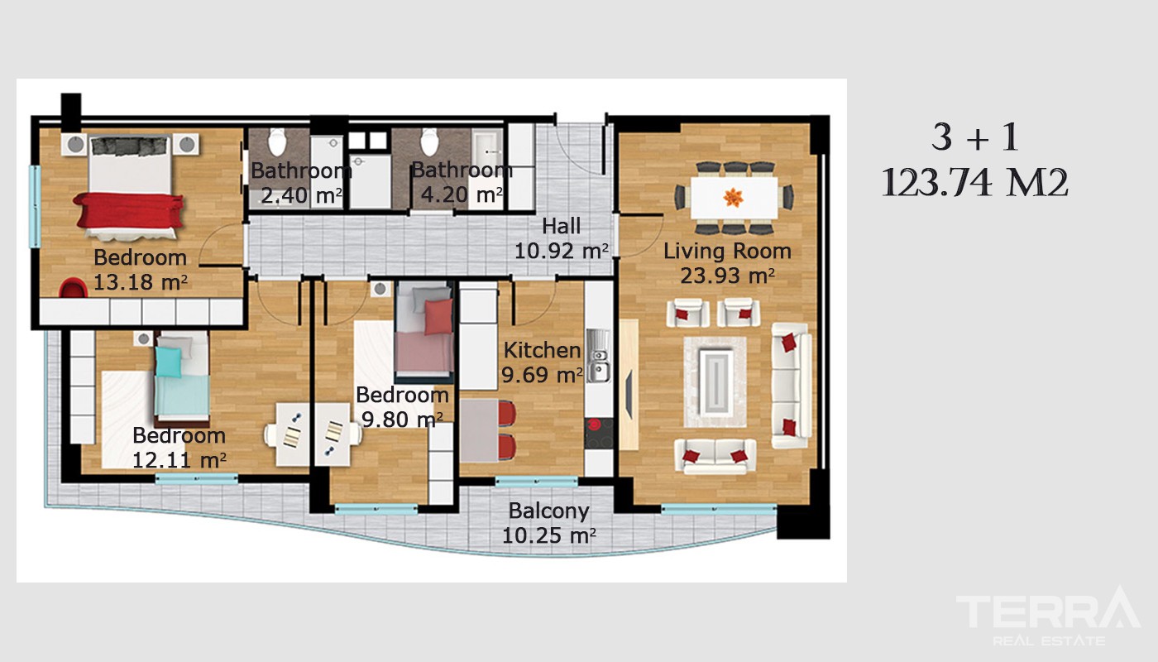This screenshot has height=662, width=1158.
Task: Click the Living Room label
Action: tap(727, 252)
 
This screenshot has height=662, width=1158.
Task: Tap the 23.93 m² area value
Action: tap(727, 276)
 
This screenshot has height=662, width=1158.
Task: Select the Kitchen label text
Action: tap(542, 350)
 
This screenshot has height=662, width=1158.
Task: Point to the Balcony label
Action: tap(548, 511)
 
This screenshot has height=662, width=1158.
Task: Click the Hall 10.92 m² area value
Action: tap(561, 252)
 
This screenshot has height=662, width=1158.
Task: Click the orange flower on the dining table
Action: tap(733, 197)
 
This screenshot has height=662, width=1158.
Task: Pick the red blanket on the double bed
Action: tap(129, 210)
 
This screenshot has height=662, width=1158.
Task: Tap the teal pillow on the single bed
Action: tap(169, 362)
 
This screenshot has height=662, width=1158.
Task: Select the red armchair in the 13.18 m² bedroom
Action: tap(73, 288)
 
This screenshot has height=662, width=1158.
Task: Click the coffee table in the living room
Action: tap(715, 382)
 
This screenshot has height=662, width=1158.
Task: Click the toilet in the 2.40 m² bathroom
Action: tap(277, 142)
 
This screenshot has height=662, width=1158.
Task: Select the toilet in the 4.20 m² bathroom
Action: tap(429, 142)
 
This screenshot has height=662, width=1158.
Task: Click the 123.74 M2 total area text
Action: tap(975, 183)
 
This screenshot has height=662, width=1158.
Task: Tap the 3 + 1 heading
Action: tap(975, 137)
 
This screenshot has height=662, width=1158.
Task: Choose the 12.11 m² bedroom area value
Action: tap(179, 460)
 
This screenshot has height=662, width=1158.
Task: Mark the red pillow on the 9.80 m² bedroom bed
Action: tap(438, 316)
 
